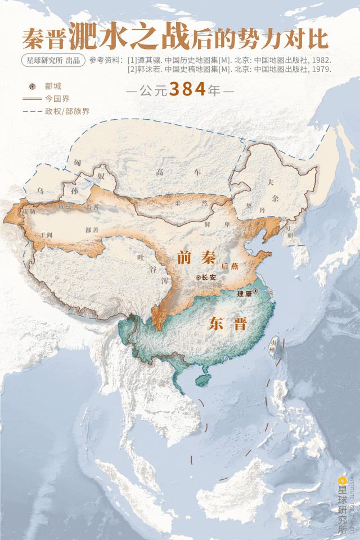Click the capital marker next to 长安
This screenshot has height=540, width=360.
(x=198, y=277)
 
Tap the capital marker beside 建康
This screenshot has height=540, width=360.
(x=255, y=291)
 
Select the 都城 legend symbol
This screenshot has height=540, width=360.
(x=33, y=86)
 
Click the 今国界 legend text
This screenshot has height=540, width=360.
(x=57, y=98)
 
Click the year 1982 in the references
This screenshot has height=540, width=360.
(x=322, y=60)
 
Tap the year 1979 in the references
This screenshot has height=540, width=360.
(x=322, y=69)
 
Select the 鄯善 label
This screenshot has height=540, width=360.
(x=92, y=229)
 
